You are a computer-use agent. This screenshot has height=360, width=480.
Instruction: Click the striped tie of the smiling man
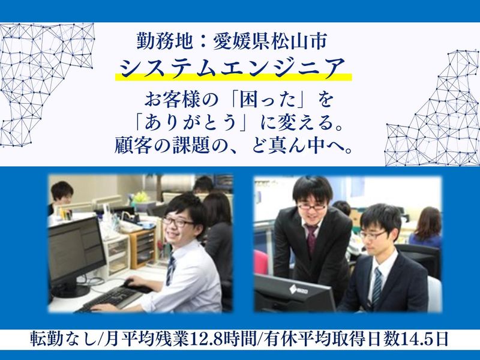coord(171,269)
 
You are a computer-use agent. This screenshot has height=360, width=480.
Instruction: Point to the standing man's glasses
coord(311,206)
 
